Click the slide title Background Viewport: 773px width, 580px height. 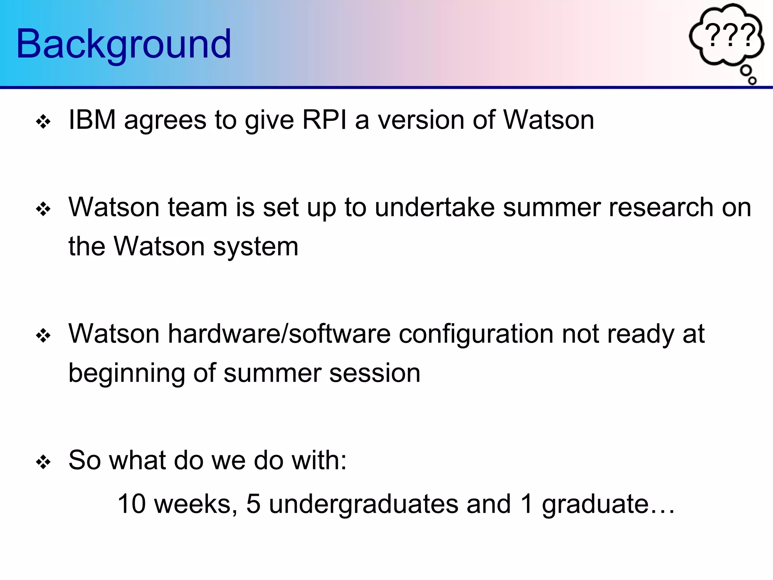coord(123,44)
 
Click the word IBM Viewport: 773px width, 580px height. coord(92,120)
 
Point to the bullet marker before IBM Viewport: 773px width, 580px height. coord(43,122)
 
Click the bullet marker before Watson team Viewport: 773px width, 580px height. coord(43,209)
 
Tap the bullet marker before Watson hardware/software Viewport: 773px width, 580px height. coord(43,336)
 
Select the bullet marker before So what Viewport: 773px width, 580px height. coord(43,462)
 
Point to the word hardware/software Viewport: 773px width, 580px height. coord(279,334)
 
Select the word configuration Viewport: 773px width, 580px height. coord(476,335)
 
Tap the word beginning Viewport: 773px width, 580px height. coord(126,374)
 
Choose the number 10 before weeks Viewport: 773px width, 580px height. coord(131,504)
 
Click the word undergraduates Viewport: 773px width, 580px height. coord(363,504)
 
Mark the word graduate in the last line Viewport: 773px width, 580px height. coord(595,504)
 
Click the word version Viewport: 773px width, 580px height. coord(421,120)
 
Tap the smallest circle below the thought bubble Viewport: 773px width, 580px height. coord(752,80)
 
